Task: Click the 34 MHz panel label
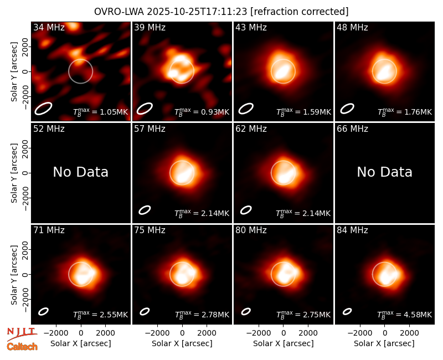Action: [49, 27]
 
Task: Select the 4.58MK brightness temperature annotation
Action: [405, 315]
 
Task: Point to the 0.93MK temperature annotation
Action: [202, 112]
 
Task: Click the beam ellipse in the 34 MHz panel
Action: [43, 109]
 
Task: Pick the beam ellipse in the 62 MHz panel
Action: [246, 210]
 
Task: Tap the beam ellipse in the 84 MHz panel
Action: [347, 311]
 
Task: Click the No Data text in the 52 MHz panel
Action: [80, 172]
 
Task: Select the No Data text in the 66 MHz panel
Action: [384, 172]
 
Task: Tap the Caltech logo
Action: [22, 347]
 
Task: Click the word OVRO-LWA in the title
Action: [119, 12]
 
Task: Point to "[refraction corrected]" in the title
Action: [300, 12]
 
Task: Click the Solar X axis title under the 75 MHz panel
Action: [182, 343]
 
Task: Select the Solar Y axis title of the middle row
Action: [14, 173]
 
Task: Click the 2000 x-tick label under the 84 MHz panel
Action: [409, 333]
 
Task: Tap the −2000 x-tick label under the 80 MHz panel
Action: [258, 333]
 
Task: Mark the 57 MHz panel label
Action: [150, 129]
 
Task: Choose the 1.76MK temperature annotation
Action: [405, 112]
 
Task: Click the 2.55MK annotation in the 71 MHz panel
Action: [101, 315]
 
